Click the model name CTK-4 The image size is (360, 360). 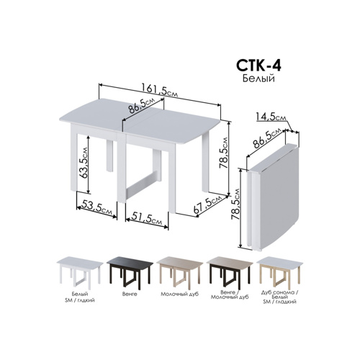pos(258,66)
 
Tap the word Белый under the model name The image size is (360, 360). pos(258,78)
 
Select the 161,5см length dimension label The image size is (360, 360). pos(160,90)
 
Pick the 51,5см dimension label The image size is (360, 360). pos(147,219)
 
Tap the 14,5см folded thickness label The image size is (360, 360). pos(271,117)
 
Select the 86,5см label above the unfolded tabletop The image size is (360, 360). pos(141,106)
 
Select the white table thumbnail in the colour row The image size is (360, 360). pos(80,271)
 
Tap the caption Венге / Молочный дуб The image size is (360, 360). pos(230,294)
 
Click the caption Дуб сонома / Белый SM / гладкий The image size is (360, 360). pos(279,297)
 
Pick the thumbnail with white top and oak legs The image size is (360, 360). pos(279,271)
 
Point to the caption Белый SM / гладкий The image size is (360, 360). pos(80,297)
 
